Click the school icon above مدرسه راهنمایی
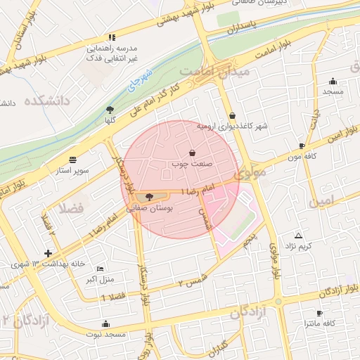click(x=111, y=37)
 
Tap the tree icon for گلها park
click(x=110, y=109)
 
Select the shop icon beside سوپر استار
click(x=74, y=159)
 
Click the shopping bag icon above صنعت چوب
click(x=193, y=153)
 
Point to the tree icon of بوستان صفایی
click(x=148, y=196)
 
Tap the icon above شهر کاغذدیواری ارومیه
click(x=232, y=115)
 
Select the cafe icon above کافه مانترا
click(x=321, y=312)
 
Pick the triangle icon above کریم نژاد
click(x=298, y=236)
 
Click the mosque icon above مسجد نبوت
click(x=105, y=323)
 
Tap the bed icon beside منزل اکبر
click(x=100, y=269)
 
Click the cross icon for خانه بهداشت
click(x=48, y=253)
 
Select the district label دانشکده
click(x=48, y=101)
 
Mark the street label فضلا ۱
click(x=114, y=297)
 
